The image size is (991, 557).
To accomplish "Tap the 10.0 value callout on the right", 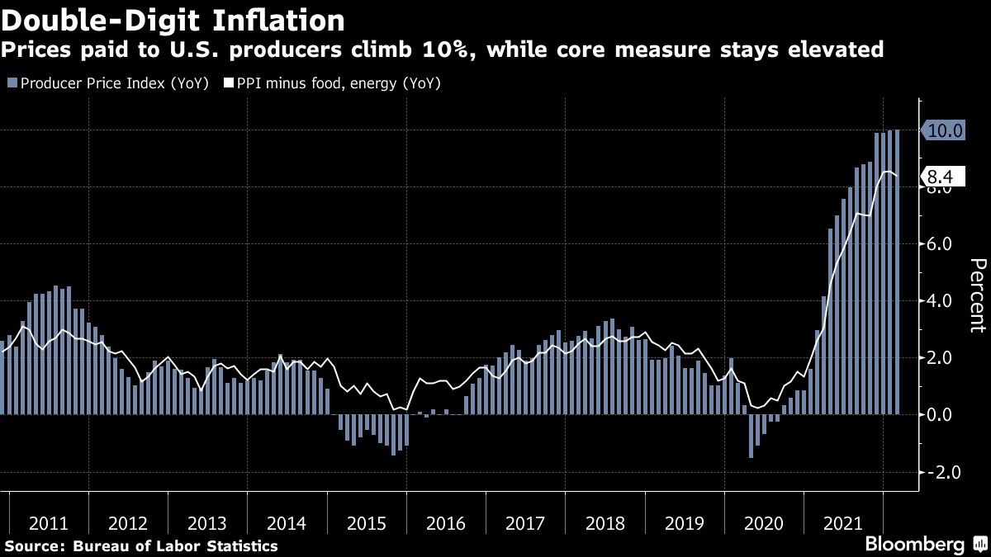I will tap(944, 130).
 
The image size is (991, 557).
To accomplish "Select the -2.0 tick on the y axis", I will tap(941, 472).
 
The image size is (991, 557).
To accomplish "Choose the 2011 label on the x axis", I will tap(49, 524).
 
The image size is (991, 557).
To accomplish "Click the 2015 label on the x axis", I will tap(367, 524).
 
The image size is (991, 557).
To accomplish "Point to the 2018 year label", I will tap(605, 524).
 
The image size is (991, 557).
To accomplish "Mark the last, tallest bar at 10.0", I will tap(898, 272).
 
